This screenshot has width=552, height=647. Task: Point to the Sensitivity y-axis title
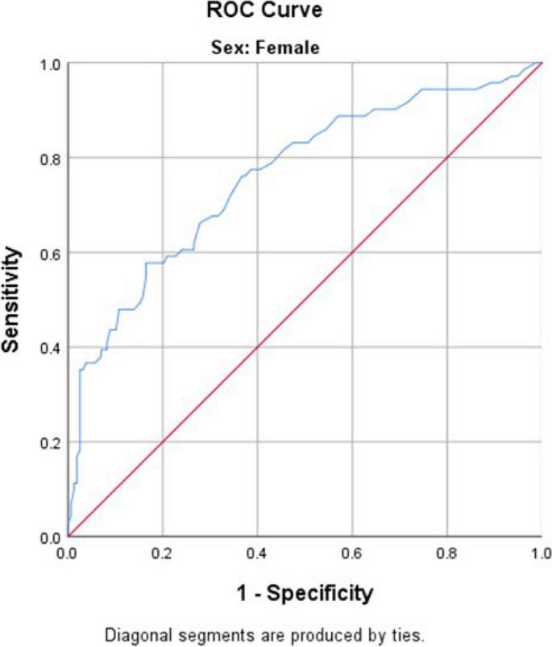click(11, 300)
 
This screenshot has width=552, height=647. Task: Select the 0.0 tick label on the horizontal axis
click(68, 554)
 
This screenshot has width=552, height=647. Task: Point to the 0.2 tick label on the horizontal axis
click(163, 554)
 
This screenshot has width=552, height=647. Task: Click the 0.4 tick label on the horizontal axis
click(257, 554)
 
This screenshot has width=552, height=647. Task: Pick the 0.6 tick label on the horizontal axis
click(352, 554)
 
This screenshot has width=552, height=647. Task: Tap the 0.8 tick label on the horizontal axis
click(446, 554)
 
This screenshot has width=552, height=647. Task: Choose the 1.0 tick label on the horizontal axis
click(541, 554)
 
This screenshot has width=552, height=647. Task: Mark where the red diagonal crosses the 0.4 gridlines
click(257, 347)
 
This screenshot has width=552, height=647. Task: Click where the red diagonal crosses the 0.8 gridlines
click(446, 158)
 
